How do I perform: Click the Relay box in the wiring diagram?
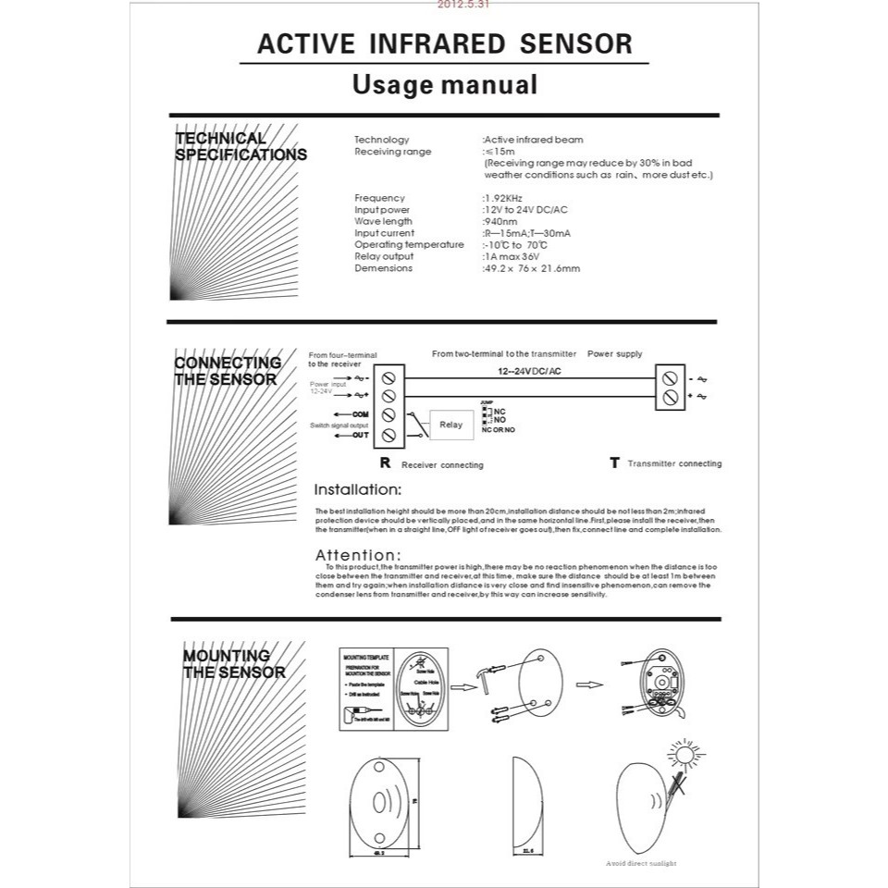[450, 425]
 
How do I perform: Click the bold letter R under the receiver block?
[385, 462]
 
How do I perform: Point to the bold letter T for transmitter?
[613, 462]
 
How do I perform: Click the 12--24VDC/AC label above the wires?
[529, 370]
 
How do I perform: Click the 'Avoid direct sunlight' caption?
[643, 864]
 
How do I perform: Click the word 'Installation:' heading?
[358, 489]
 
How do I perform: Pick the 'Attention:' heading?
[359, 555]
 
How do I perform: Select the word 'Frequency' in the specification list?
[379, 198]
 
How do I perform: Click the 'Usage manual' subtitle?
[445, 85]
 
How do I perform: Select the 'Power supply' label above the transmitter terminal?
[615, 353]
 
